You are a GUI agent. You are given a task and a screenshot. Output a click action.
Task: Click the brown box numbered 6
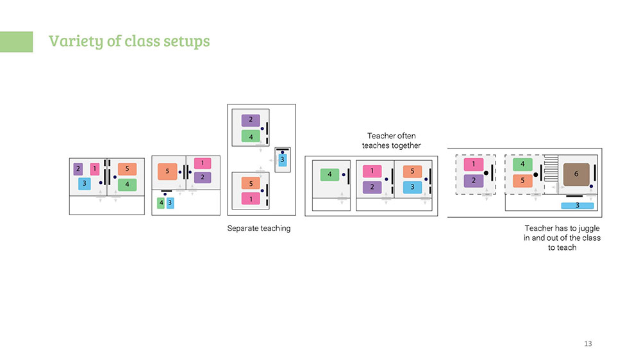click(576, 174)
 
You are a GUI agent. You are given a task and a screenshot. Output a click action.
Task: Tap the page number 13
click(588, 343)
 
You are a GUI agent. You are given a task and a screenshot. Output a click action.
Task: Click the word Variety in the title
click(76, 41)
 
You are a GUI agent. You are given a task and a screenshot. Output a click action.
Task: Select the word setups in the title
click(187, 41)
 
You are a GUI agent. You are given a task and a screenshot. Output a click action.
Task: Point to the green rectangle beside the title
click(17, 42)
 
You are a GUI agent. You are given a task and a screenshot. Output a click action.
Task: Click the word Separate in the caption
click(244, 229)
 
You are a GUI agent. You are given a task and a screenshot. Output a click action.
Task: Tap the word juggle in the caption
click(589, 229)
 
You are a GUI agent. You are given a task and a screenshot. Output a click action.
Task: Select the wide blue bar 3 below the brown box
click(578, 206)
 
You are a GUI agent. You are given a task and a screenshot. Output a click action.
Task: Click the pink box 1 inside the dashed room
click(474, 164)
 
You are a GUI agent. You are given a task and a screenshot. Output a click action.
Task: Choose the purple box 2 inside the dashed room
click(474, 181)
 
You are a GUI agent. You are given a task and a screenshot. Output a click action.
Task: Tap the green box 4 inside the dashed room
click(522, 164)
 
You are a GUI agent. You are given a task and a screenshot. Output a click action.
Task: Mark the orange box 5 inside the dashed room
click(522, 180)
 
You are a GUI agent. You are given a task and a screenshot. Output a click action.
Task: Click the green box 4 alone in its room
click(329, 174)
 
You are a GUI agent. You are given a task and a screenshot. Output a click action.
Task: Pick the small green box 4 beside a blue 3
click(161, 202)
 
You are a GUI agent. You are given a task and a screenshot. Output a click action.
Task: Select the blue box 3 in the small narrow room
click(282, 160)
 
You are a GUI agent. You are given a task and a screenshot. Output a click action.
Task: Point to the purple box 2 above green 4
click(251, 120)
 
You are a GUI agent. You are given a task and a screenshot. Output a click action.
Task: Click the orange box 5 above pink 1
click(251, 183)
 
